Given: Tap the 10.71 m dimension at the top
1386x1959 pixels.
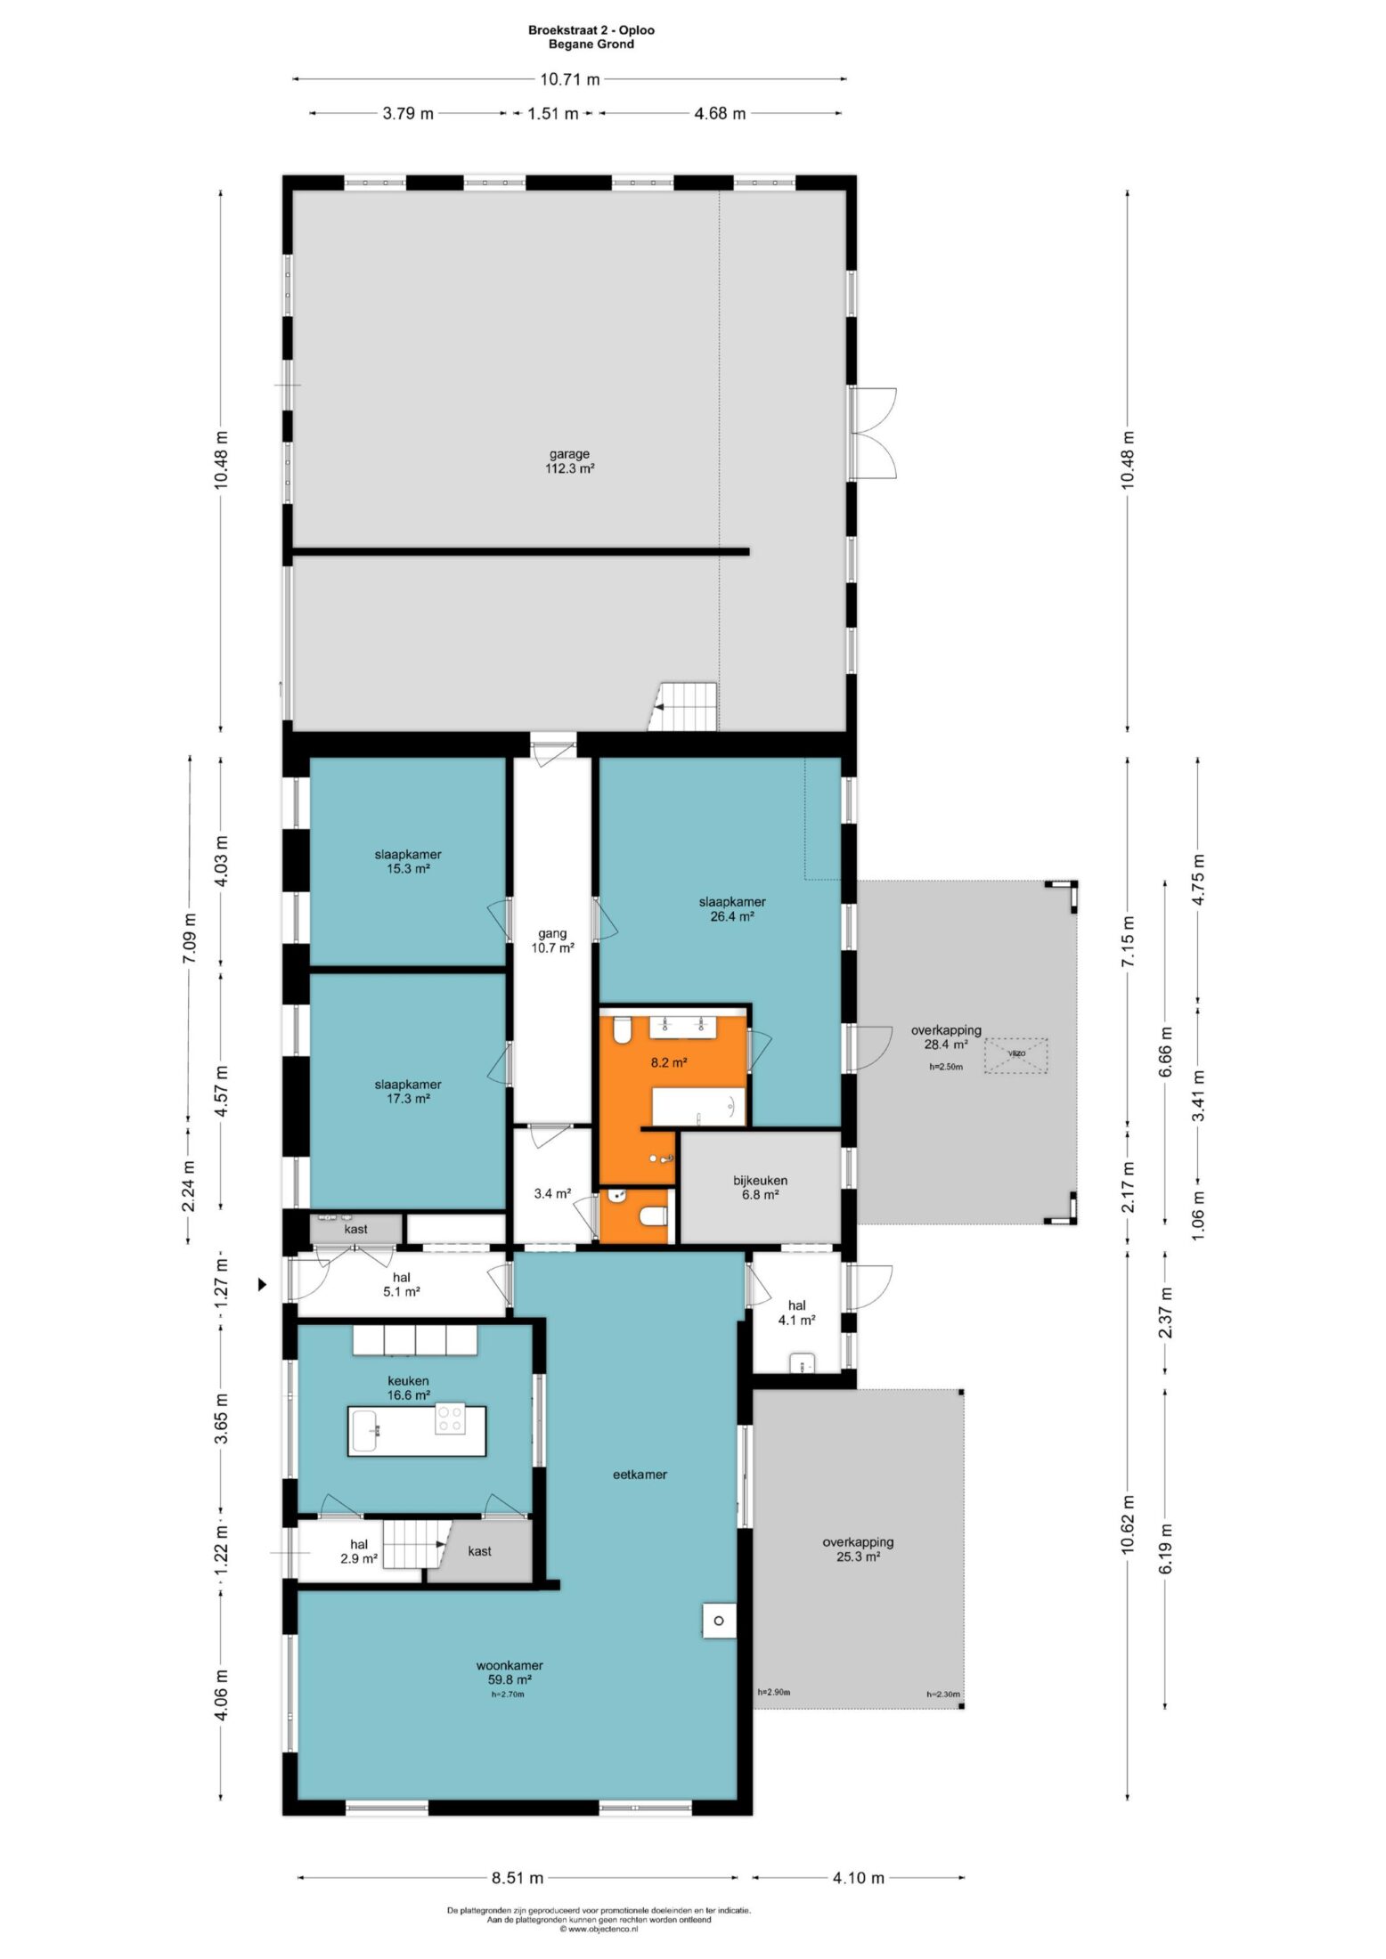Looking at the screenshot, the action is [569, 79].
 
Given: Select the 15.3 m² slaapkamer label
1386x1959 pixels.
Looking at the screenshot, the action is [408, 861].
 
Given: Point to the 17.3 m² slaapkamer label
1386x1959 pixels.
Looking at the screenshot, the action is [408, 1092].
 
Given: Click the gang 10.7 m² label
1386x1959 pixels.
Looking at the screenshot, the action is [552, 940].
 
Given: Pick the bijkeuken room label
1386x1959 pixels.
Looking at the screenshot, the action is [761, 1187].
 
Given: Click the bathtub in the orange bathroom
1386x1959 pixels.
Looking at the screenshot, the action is [698, 1106].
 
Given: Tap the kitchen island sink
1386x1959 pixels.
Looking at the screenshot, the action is [367, 1431].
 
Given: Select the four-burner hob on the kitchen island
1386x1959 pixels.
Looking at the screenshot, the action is [449, 1418].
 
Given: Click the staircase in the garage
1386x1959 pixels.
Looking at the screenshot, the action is [682, 707].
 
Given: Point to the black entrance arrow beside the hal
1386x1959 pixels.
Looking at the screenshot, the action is [263, 1284].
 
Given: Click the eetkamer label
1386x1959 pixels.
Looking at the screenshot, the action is [640, 1475].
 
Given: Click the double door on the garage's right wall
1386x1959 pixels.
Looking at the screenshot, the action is [873, 434].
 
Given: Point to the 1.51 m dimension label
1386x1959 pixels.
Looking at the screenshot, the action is [553, 113].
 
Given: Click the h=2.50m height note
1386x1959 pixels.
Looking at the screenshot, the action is [945, 1066].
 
